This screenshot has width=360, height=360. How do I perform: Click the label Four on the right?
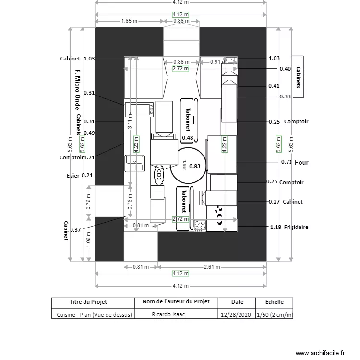tap(301, 162)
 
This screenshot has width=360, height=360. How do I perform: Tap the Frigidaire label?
tap(296, 227)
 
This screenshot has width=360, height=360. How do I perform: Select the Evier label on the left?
tap(73, 175)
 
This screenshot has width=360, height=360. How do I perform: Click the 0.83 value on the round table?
tap(194, 166)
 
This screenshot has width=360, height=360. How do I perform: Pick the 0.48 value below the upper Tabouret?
tap(187, 138)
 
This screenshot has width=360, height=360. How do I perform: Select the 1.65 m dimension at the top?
tap(128, 21)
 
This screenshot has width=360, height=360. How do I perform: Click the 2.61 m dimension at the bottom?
tap(212, 267)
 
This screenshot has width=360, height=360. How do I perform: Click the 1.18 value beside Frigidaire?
tap(275, 227)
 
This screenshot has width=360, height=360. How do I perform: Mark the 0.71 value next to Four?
tap(286, 162)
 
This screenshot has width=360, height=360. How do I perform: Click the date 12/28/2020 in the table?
tap(236, 315)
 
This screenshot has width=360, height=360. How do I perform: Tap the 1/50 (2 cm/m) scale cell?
tap(275, 315)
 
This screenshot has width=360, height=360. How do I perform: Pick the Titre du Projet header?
tap(88, 302)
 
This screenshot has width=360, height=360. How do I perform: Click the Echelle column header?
tap(275, 302)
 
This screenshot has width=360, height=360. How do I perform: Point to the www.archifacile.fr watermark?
tap(320, 353)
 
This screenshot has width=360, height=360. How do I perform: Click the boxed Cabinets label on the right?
tap(298, 77)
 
